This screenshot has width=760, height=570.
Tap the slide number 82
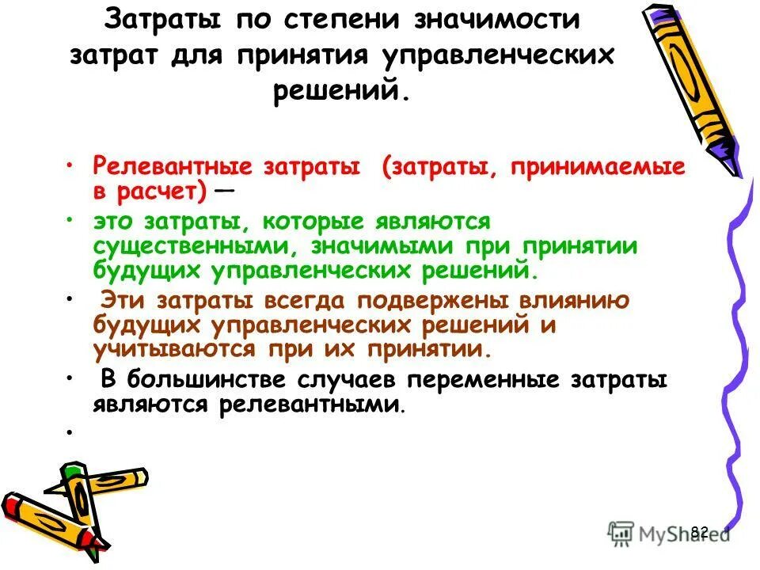coord(699,531)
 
